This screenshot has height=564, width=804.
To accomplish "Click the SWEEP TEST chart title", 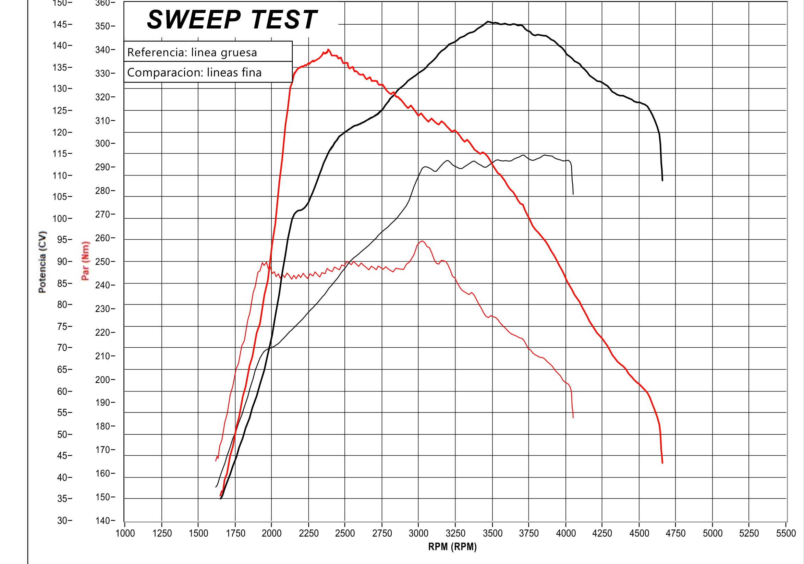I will (232, 20).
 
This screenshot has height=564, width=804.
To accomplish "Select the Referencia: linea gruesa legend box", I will (208, 52).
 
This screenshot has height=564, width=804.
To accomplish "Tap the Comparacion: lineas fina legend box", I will (208, 72).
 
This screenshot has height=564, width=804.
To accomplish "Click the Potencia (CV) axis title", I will (42, 262).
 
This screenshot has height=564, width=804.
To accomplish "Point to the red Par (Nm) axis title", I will (85, 261).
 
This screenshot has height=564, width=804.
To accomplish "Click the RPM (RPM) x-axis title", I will (452, 547).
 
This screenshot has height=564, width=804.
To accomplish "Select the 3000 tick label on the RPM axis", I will (418, 533).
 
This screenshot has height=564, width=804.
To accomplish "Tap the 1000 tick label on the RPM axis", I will (125, 533).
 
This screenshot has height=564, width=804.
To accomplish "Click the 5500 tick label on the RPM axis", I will (786, 533).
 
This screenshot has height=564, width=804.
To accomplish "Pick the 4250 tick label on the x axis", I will (602, 533).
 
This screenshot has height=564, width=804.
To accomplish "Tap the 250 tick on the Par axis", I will (103, 262).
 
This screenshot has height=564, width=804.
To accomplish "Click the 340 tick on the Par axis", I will (103, 50).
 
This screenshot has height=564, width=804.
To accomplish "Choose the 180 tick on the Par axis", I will (103, 426).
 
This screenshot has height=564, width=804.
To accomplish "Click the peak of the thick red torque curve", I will (328, 49).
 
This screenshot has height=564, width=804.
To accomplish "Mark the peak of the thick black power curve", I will (487, 22).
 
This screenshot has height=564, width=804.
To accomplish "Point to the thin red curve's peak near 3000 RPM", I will (422, 241).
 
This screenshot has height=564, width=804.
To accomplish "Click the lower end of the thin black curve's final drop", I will (573, 194).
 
